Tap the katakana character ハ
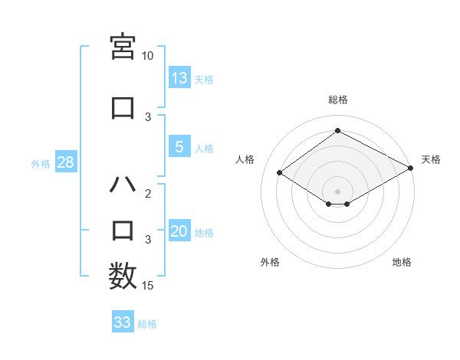click(x=123, y=186)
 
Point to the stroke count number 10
click(x=148, y=56)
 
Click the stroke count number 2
click(x=149, y=194)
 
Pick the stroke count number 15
click(x=148, y=286)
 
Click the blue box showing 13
click(x=179, y=77)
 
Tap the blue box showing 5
click(x=179, y=147)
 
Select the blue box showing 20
click(x=179, y=231)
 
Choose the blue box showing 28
click(x=65, y=162)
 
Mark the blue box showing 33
click(x=123, y=322)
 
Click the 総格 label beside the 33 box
click(x=147, y=324)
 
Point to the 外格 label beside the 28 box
click(x=41, y=163)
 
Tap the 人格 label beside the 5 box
click(x=204, y=149)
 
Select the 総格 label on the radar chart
click(x=338, y=100)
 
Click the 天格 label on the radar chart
click(x=431, y=159)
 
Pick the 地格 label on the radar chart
click(x=402, y=262)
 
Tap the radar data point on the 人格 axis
click(x=280, y=173)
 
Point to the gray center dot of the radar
click(x=337, y=191)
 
